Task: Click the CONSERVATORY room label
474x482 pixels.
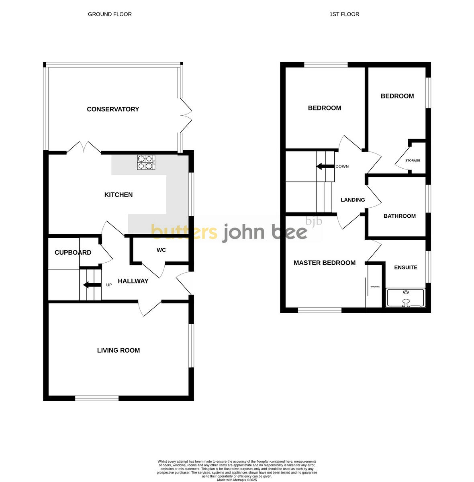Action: click(x=113, y=109)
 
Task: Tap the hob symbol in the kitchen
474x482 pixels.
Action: click(x=146, y=162)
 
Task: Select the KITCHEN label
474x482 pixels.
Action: click(x=118, y=195)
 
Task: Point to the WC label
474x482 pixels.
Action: click(x=161, y=250)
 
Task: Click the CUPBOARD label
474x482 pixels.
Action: click(x=73, y=253)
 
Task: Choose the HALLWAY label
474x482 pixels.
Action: click(x=133, y=281)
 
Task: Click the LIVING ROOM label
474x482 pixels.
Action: click(x=118, y=351)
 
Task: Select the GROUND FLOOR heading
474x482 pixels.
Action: click(x=110, y=14)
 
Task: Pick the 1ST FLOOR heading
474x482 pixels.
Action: click(x=344, y=14)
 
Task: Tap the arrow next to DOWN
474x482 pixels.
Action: click(x=325, y=166)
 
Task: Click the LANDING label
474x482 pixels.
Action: click(x=353, y=200)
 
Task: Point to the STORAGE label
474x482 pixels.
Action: click(x=413, y=161)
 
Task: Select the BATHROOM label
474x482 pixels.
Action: click(x=399, y=216)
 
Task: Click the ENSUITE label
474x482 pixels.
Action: click(x=406, y=268)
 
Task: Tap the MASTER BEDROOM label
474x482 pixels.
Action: click(x=325, y=263)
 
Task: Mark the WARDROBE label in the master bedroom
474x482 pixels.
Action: click(x=375, y=287)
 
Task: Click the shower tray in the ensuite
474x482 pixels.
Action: click(x=405, y=298)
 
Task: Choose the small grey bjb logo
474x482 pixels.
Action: click(x=314, y=221)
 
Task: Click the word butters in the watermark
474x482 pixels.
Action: click(x=184, y=232)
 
